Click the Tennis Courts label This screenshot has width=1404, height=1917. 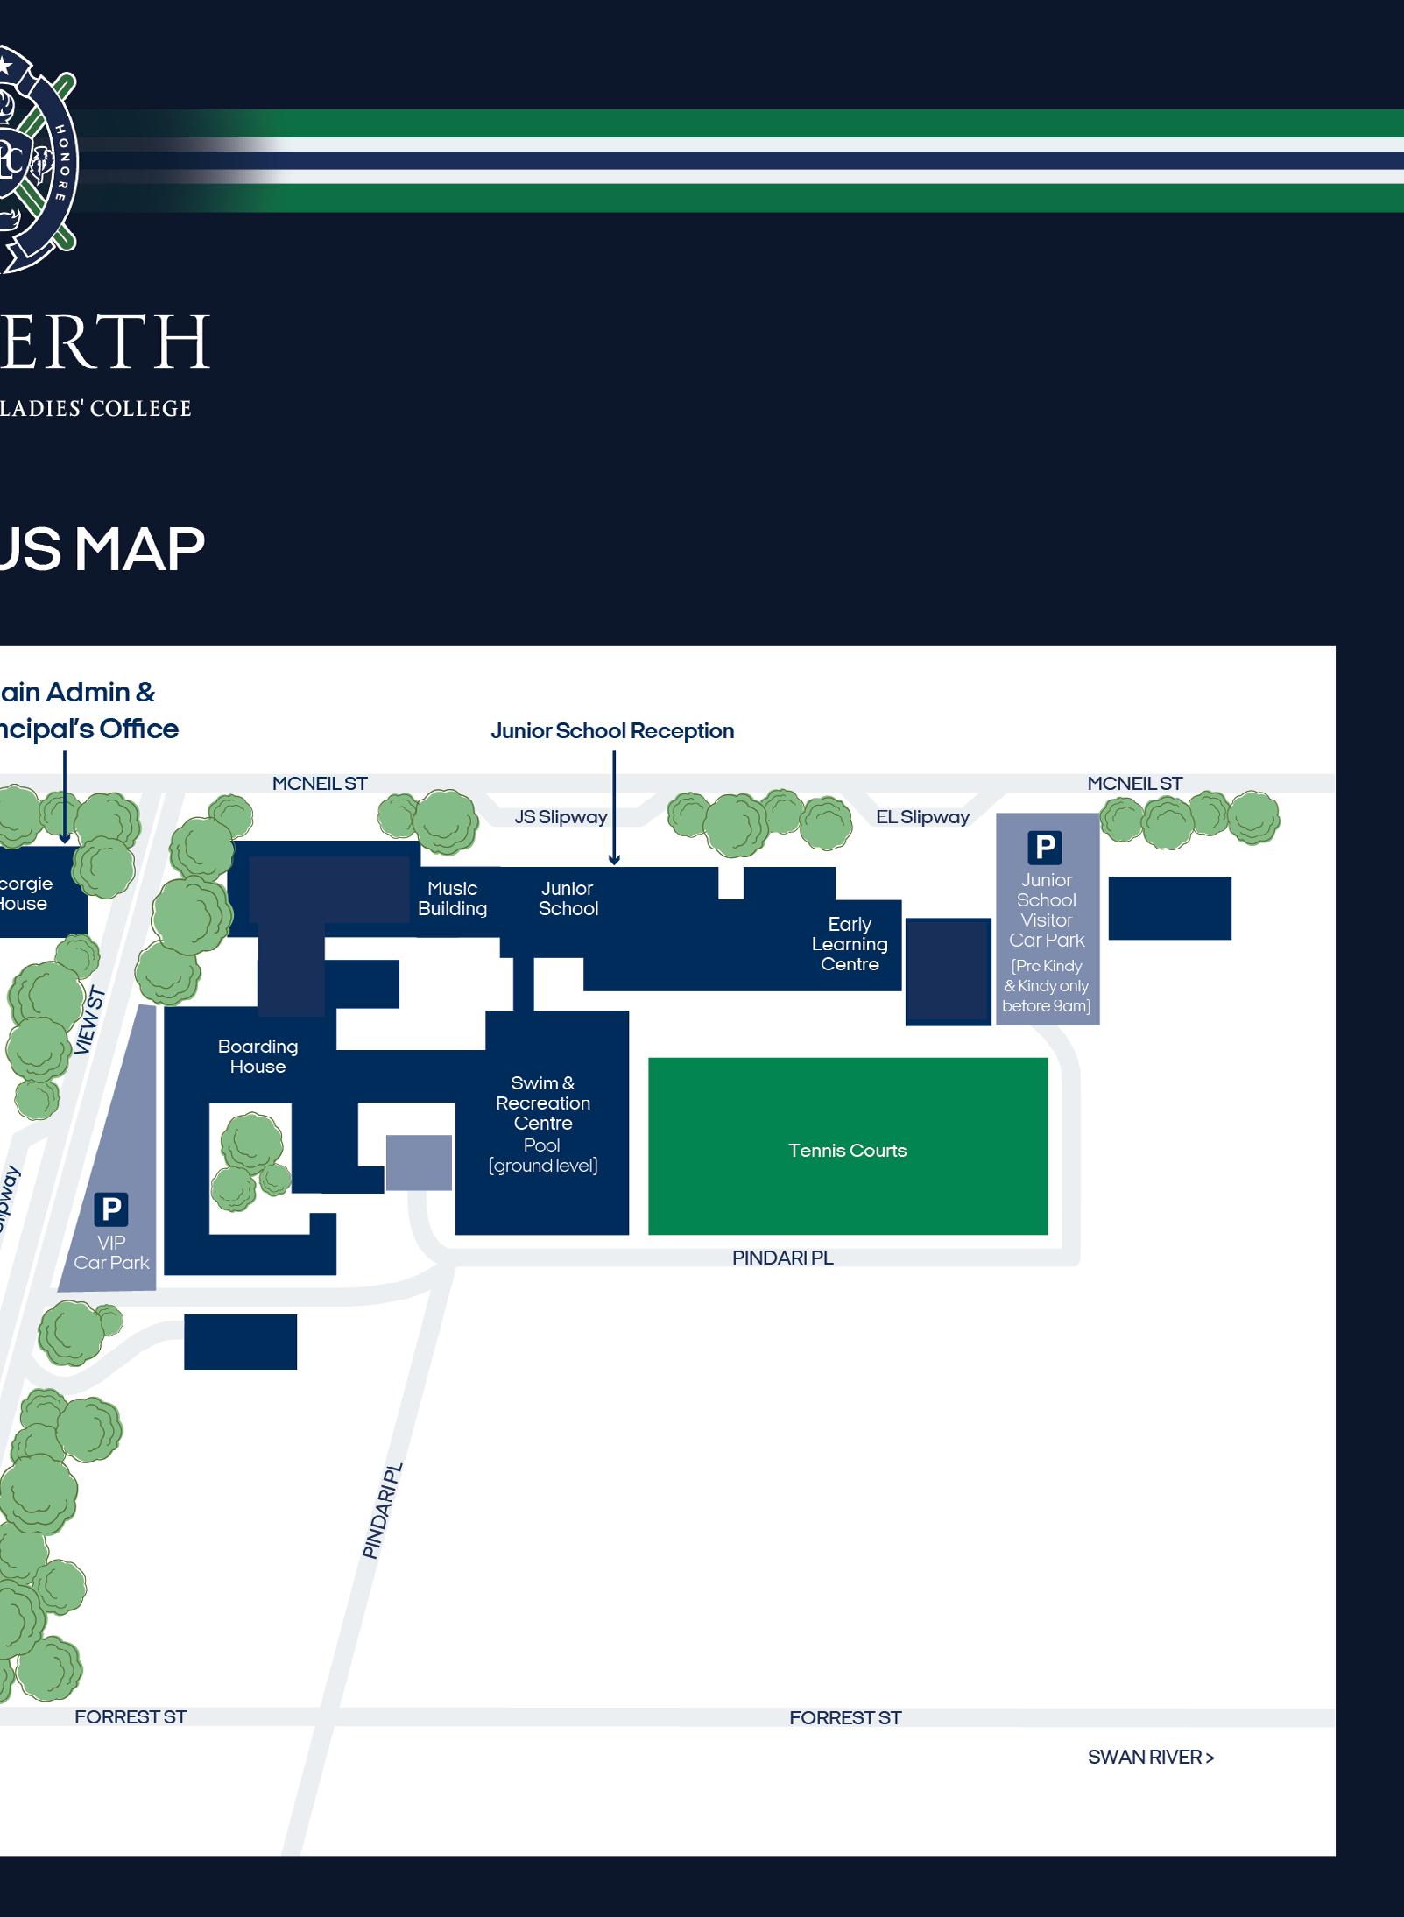[847, 1150]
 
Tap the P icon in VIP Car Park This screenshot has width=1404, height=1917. [111, 1209]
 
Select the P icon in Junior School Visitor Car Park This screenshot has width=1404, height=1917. [1044, 847]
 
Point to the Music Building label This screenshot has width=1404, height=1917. [452, 899]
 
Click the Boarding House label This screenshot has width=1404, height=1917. [258, 1056]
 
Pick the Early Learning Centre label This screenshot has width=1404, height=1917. [850, 944]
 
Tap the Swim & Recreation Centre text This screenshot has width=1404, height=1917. [543, 1103]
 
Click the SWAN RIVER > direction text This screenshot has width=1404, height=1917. [1150, 1757]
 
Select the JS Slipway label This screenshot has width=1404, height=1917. [561, 817]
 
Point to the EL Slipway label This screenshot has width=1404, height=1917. [922, 817]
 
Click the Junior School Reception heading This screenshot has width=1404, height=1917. [612, 731]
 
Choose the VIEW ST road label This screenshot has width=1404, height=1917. [90, 1021]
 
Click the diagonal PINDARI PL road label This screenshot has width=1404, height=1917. [383, 1510]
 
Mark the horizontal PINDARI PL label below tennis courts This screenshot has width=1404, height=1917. [782, 1258]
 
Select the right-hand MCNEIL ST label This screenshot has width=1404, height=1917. [1134, 784]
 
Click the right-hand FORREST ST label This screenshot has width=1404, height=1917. [845, 1718]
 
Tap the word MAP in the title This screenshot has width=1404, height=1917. [139, 550]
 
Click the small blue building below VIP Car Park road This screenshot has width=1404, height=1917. [240, 1341]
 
